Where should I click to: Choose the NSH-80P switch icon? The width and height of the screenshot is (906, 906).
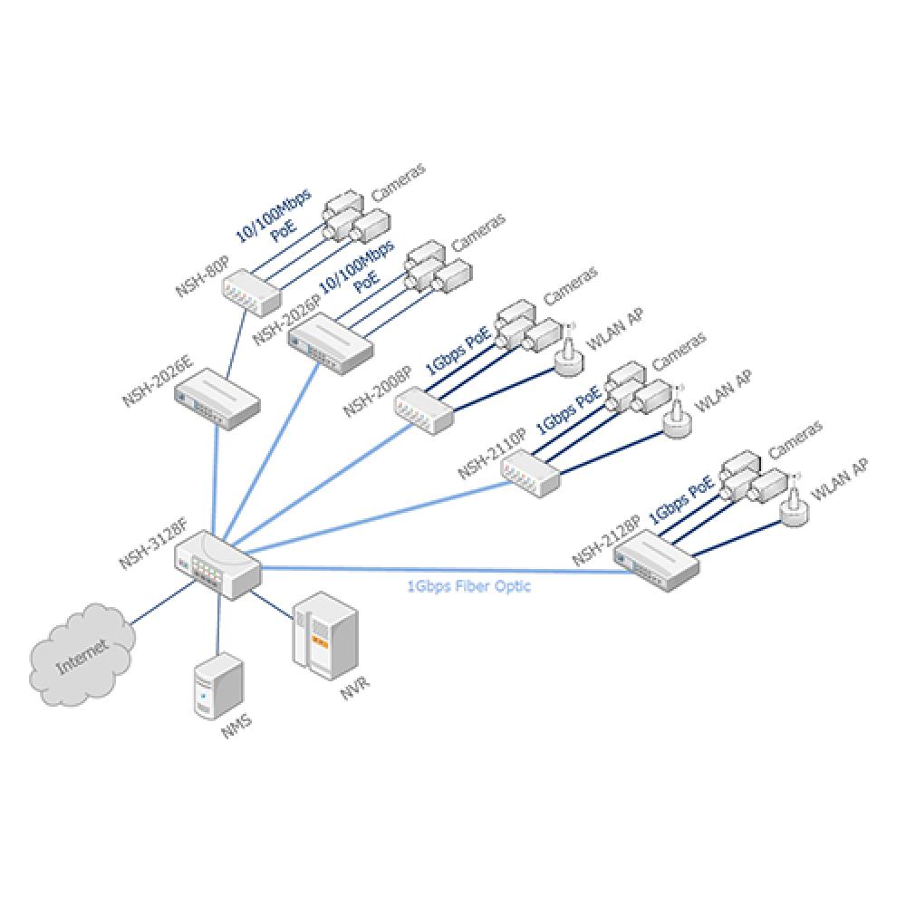[253, 287]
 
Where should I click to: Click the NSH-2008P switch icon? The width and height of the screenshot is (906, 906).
[424, 412]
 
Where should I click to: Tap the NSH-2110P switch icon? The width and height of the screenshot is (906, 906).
[531, 472]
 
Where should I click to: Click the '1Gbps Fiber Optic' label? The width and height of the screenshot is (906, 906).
[468, 586]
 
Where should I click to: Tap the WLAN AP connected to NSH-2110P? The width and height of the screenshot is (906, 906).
[677, 419]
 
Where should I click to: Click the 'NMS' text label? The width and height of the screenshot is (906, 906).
[236, 727]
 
